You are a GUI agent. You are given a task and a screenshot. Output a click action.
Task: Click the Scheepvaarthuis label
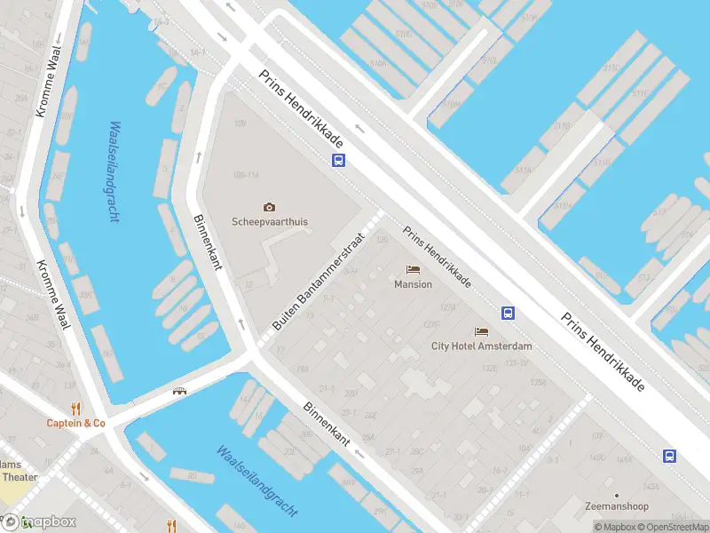click(269, 222)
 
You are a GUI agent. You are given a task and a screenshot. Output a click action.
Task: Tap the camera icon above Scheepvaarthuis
click(269, 207)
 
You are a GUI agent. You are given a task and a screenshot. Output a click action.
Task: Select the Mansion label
click(413, 284)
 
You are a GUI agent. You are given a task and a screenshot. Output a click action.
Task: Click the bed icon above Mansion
click(413, 269)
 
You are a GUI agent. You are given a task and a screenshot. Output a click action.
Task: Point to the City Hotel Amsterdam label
click(481, 346)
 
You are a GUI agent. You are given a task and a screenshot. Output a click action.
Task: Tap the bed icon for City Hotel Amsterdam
click(481, 331)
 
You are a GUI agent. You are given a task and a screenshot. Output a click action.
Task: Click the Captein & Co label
click(75, 424)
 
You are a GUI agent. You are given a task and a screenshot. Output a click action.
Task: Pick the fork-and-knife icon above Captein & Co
click(75, 409)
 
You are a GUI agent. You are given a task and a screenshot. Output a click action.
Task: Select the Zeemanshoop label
click(616, 507)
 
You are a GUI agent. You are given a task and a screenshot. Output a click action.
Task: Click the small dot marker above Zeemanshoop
click(616, 495)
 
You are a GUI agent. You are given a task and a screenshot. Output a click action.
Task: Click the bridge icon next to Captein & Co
click(179, 391)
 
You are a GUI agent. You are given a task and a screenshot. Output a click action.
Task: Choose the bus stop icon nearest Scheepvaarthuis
click(338, 161)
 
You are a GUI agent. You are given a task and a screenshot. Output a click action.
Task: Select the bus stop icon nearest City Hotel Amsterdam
click(509, 313)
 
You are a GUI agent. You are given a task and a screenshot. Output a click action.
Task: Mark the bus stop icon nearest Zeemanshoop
click(669, 456)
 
